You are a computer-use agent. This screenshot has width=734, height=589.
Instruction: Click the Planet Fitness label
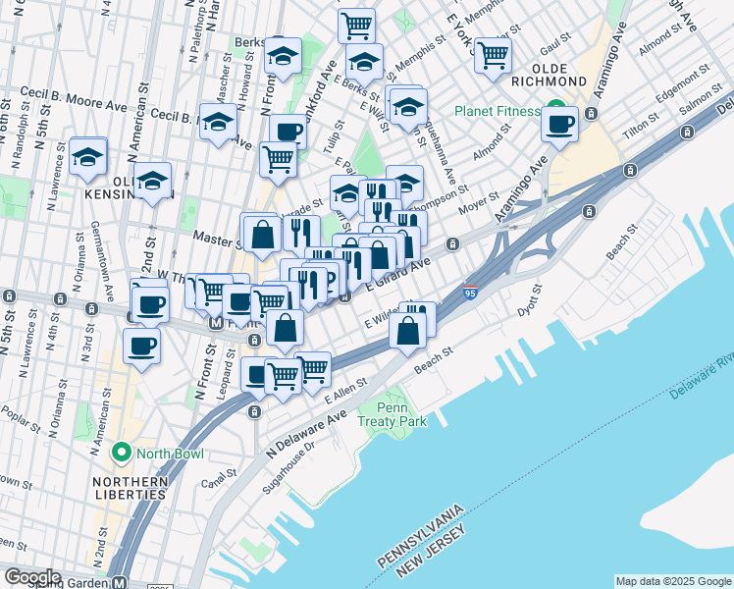click(504, 111)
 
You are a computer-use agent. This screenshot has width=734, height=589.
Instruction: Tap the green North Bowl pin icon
click(122, 453)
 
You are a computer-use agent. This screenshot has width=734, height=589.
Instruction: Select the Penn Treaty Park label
click(403, 413)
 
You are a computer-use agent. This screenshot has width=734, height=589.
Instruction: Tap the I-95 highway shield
click(471, 293)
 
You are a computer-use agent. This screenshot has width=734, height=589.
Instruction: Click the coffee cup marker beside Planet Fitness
click(559, 125)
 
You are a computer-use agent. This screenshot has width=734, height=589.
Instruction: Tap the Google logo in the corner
click(32, 577)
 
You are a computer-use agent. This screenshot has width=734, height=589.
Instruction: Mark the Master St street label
click(217, 238)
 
